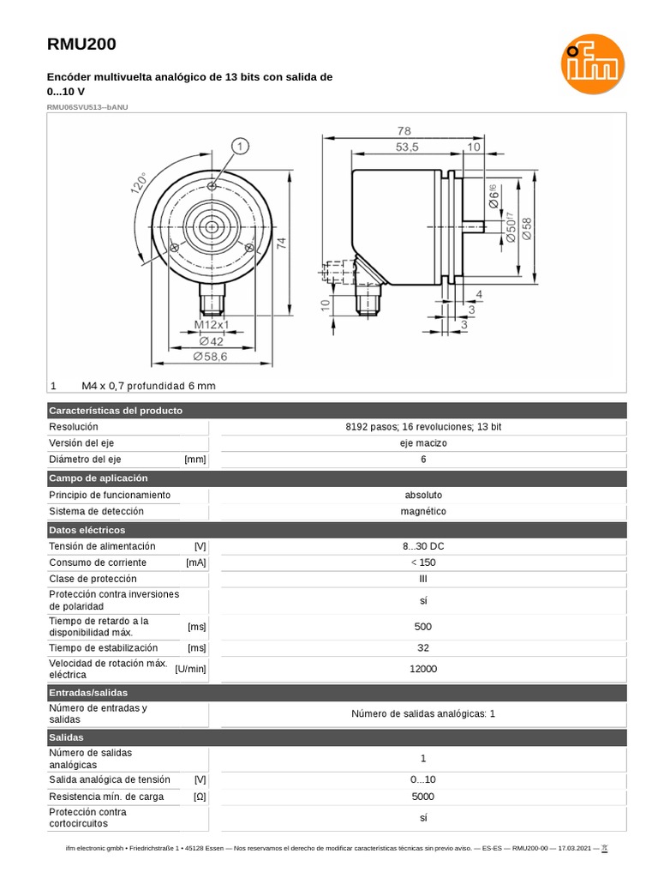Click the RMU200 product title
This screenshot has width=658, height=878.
click(x=81, y=45)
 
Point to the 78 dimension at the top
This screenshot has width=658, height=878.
click(x=404, y=130)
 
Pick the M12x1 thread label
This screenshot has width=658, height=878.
click(x=212, y=325)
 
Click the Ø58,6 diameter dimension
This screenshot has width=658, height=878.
click(x=210, y=356)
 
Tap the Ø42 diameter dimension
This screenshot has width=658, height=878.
click(x=211, y=340)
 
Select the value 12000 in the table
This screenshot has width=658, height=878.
click(x=423, y=669)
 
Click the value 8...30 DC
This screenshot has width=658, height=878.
click(x=423, y=546)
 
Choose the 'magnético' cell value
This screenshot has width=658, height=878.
click(x=423, y=511)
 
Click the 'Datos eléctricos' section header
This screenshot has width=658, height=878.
click(x=87, y=530)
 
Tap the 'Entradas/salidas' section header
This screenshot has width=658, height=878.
click(x=88, y=692)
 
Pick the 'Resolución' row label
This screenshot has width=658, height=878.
click(x=74, y=427)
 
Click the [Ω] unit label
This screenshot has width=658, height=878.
click(x=200, y=797)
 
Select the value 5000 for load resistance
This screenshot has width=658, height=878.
click(x=423, y=797)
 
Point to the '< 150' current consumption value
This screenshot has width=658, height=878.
click(x=423, y=562)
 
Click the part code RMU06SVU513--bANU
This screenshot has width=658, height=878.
click(x=88, y=107)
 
